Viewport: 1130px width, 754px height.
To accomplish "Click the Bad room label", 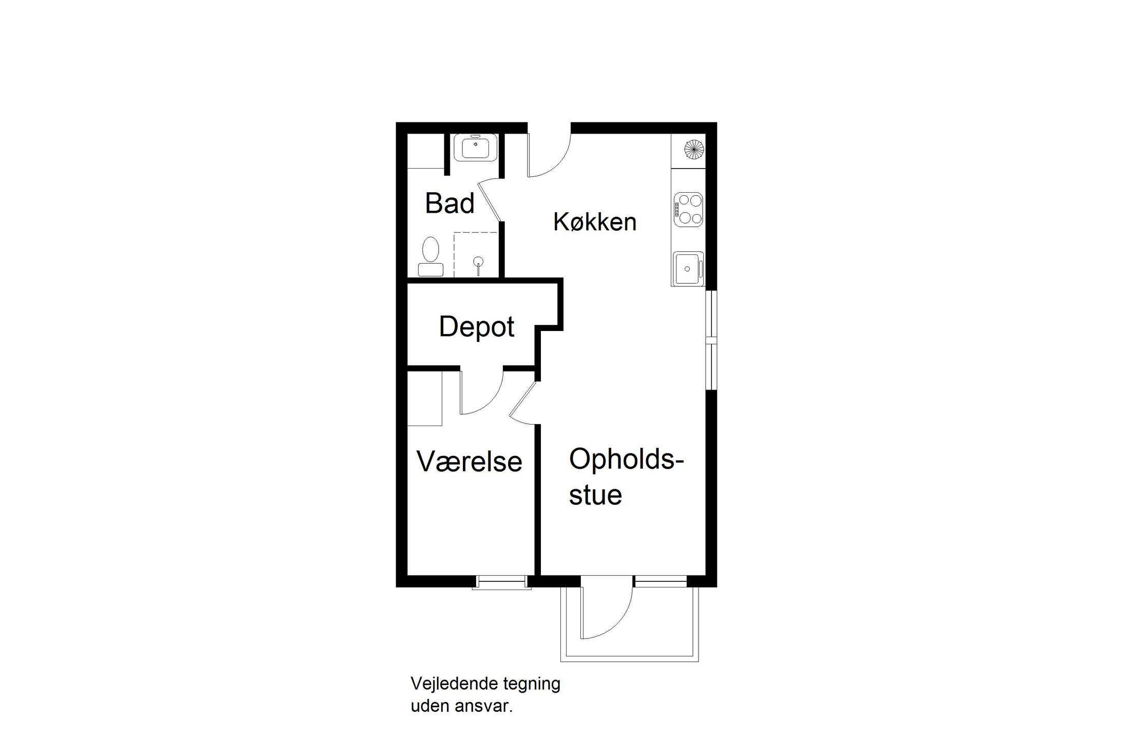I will point(449,203).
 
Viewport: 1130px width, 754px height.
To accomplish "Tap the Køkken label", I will point(595,222).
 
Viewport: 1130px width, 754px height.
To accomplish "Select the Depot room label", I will point(476,327).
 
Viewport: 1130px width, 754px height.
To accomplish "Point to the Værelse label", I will point(469,462).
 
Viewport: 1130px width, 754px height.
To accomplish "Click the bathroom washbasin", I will point(476,148).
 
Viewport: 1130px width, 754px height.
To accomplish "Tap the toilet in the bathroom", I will point(430,256).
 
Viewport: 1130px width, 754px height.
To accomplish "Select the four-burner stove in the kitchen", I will point(688,209).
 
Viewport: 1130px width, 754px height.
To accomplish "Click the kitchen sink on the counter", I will point(687,268).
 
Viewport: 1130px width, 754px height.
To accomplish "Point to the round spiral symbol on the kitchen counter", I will point(693,149).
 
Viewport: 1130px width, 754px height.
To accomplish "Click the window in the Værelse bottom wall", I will point(501,582).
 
